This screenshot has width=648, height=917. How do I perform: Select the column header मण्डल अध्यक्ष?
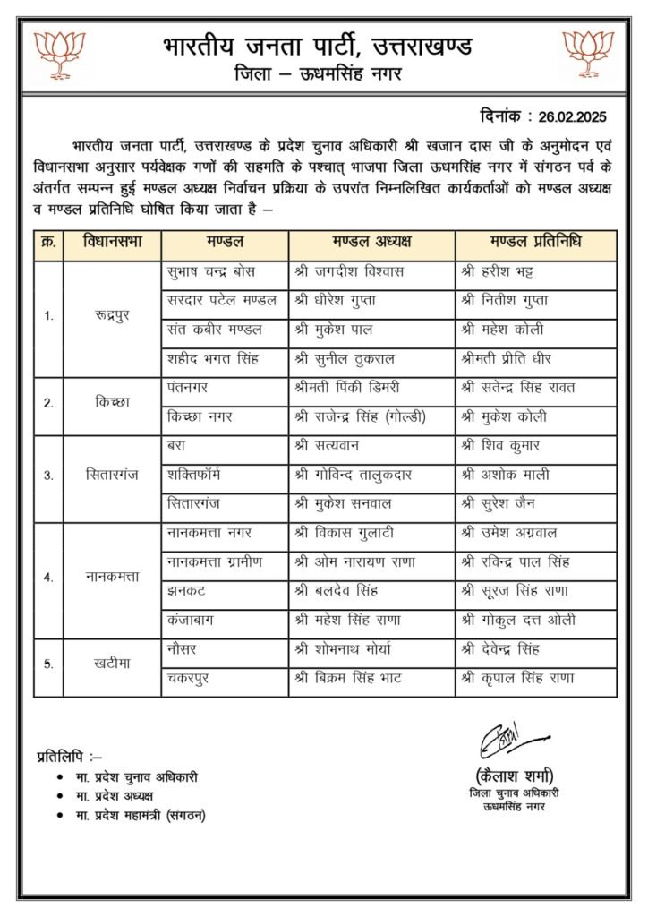(371, 244)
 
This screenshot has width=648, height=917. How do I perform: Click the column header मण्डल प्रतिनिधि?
(536, 244)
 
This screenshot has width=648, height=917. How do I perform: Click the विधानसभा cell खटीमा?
(112, 664)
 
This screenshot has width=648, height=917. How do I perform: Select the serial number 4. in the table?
(48, 577)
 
